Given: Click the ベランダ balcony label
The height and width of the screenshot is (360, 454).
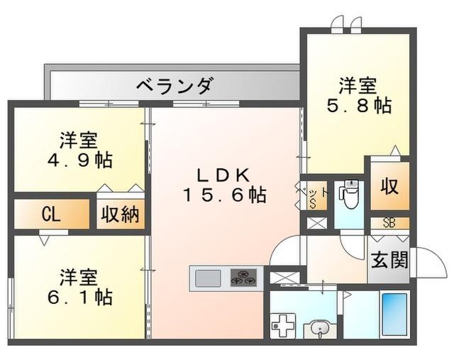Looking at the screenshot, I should coord(173,87).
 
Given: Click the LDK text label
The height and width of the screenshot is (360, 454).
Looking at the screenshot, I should coord(222,174).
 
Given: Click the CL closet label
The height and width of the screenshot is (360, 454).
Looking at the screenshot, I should coord(50,214).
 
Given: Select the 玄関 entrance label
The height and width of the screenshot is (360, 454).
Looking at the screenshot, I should coord(389,261).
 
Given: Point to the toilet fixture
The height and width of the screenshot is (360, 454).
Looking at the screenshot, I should coord(349,195).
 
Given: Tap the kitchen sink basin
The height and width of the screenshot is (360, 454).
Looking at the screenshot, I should coord(207,276).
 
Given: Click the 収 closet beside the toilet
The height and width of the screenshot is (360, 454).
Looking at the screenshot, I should coord(389,187).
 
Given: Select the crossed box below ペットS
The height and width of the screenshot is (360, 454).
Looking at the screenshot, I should coord(314,222).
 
